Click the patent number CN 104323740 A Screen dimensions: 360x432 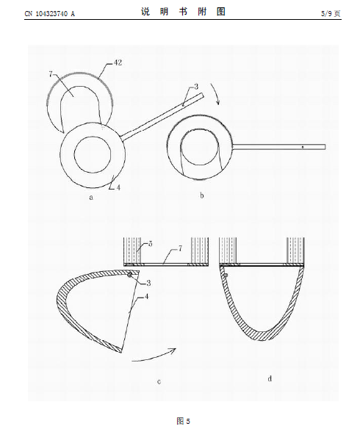(49, 13)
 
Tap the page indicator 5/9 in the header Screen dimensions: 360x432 (326, 13)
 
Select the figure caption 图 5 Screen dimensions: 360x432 (183, 421)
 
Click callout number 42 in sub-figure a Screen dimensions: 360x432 (118, 63)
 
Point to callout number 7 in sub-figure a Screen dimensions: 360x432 (51, 74)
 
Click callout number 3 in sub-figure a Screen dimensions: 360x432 (196, 87)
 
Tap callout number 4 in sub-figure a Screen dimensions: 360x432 (118, 187)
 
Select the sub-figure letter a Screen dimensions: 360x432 (91, 197)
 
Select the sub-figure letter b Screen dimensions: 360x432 (202, 195)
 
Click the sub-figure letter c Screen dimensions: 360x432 (159, 382)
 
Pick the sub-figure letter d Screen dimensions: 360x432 (270, 378)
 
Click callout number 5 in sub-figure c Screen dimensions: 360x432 (151, 244)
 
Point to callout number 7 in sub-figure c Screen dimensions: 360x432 (180, 249)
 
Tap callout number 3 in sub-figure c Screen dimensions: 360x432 (148, 283)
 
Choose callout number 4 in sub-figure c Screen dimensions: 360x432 (146, 297)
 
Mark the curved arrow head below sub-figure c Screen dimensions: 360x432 (173, 350)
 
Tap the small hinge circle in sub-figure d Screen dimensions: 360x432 (226, 276)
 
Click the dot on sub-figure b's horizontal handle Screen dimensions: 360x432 (303, 148)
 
